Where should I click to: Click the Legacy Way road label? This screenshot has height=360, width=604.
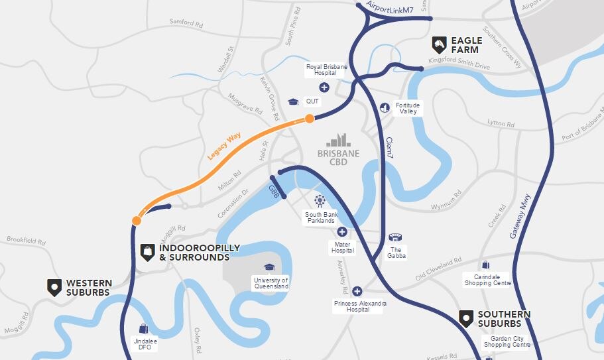click(x=224, y=146)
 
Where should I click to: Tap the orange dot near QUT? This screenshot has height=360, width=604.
click(x=309, y=119)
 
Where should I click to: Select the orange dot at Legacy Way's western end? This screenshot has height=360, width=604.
click(x=136, y=221)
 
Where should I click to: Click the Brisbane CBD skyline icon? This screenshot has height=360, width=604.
click(x=338, y=140)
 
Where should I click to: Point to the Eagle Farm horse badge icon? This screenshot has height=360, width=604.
click(x=439, y=44)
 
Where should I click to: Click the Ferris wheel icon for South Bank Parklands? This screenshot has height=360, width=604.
click(x=320, y=200)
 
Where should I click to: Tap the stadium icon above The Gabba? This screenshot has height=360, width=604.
click(x=396, y=238)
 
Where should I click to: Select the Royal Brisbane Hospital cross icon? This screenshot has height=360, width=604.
click(x=324, y=87)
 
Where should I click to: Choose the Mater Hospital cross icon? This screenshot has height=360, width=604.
click(x=341, y=231)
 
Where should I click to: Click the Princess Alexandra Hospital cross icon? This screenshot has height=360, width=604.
click(x=357, y=291)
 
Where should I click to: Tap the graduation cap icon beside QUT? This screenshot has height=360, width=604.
click(x=293, y=101)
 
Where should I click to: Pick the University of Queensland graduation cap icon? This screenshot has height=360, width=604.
click(x=269, y=267)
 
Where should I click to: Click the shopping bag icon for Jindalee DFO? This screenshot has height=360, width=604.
click(x=143, y=328)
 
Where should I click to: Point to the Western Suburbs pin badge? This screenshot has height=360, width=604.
click(x=54, y=287)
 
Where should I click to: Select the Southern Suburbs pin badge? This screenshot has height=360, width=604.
click(x=467, y=318)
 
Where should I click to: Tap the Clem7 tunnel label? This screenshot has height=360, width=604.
click(x=390, y=147)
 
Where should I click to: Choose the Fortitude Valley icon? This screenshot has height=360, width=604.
click(x=385, y=107)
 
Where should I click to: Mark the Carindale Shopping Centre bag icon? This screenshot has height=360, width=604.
click(x=486, y=265)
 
